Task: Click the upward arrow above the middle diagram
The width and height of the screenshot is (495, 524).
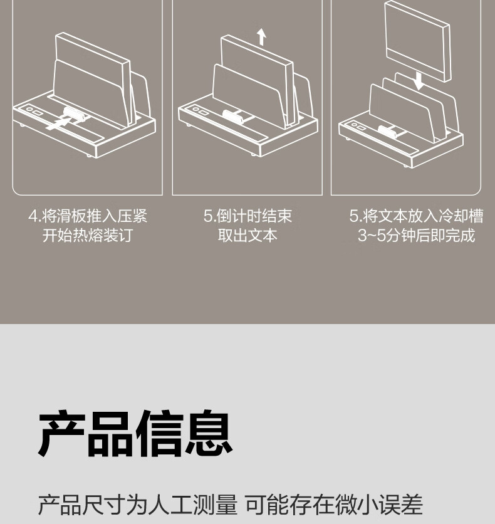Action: coord(261,37)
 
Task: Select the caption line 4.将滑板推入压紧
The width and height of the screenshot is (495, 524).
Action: coord(88,216)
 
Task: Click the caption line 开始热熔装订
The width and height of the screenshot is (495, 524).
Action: coord(88,235)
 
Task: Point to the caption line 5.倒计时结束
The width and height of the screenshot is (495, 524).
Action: coord(248,216)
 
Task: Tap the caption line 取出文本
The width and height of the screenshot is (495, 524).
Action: coord(248,235)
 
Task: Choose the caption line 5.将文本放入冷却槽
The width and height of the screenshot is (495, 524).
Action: coord(416,216)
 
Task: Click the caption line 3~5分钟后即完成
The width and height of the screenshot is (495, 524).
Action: coord(416,235)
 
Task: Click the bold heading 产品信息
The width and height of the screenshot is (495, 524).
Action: coord(135,434)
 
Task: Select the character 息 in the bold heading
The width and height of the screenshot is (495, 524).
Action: coord(209,434)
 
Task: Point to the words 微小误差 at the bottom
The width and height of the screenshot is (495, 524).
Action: coord(378,505)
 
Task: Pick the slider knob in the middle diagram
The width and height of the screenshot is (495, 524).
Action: coord(233,117)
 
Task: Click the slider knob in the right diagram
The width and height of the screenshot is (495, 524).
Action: coord(388,132)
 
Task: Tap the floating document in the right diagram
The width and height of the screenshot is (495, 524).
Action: coord(417,41)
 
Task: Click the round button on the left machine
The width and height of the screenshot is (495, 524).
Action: coord(29,109)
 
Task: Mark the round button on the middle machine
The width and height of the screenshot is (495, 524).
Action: coord(195,109)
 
